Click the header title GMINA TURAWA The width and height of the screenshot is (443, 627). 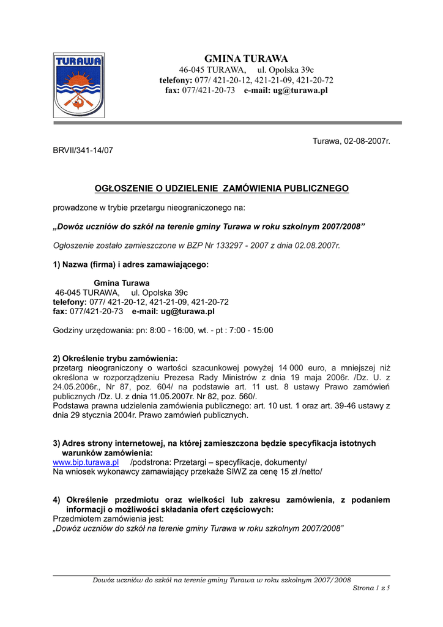click(x=245, y=59)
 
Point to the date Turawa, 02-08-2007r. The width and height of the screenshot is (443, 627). click(x=351, y=141)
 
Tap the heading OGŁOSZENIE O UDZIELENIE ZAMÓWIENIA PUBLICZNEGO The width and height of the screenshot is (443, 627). click(x=221, y=189)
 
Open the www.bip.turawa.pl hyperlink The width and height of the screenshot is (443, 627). click(x=86, y=462)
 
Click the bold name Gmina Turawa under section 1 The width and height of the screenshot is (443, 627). click(x=121, y=283)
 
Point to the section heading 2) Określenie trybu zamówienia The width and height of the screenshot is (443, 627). click(x=115, y=358)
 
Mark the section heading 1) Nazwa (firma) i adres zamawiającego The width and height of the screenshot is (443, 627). click(x=130, y=265)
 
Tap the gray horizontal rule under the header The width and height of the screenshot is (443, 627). click(x=227, y=123)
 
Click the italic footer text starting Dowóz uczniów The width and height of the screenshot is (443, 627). click(x=221, y=579)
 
